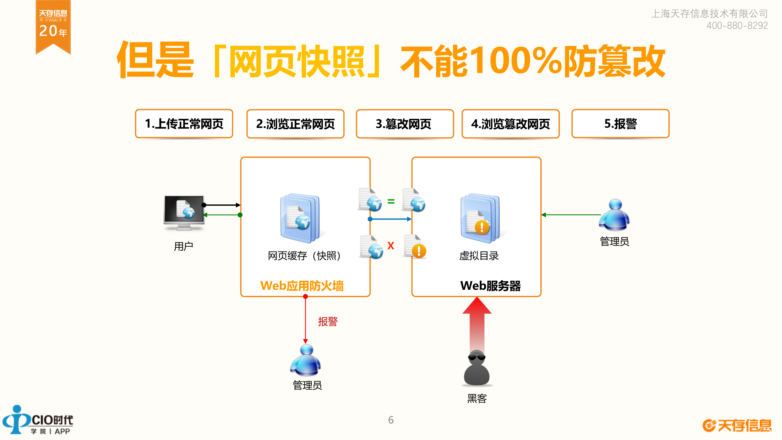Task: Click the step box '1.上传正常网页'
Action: coord(184,124)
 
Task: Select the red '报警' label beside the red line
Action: coord(328,321)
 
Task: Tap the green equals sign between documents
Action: coord(391,201)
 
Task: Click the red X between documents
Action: coord(391,245)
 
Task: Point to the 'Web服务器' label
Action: coord(490,286)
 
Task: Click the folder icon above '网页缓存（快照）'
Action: coord(300,218)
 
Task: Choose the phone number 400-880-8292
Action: coord(737,25)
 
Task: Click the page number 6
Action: coord(391,420)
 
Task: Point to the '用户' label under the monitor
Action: coord(183,246)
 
